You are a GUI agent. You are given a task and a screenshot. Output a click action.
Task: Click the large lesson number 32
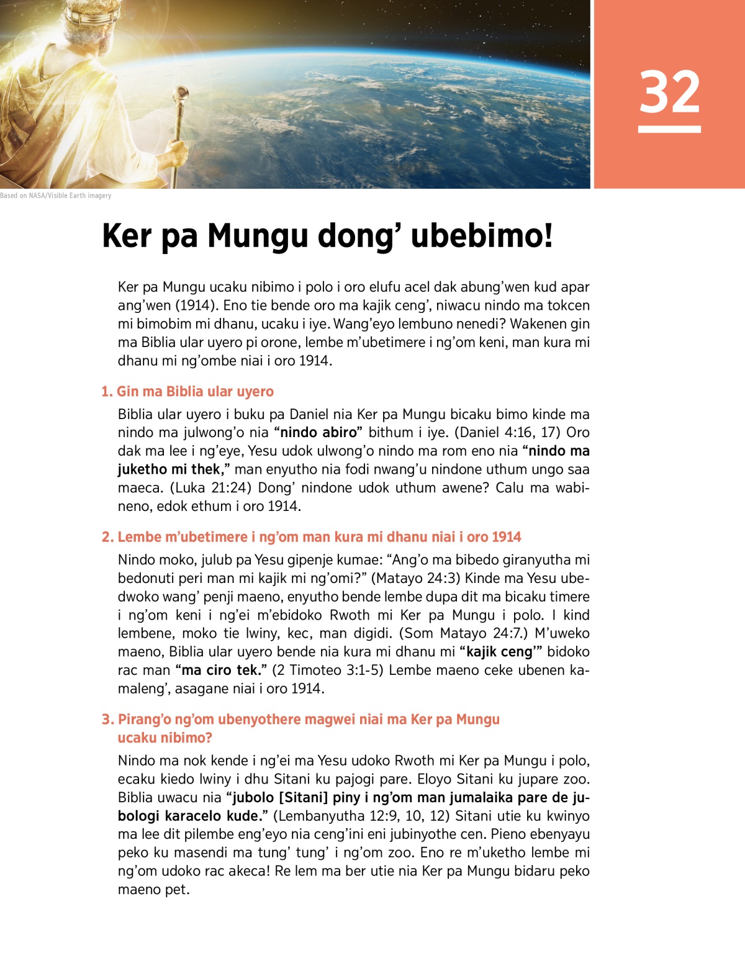tap(669, 92)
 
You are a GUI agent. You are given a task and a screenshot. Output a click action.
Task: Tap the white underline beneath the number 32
tap(669, 129)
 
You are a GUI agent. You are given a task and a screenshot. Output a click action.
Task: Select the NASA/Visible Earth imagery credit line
tap(56, 196)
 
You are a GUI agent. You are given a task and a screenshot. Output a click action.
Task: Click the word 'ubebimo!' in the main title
tap(482, 236)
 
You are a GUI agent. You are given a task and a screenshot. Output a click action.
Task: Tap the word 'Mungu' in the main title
tap(258, 236)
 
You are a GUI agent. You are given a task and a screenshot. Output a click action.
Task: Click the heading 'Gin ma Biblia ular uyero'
tap(187, 391)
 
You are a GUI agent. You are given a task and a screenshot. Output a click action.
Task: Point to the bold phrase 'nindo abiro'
tap(318, 432)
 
